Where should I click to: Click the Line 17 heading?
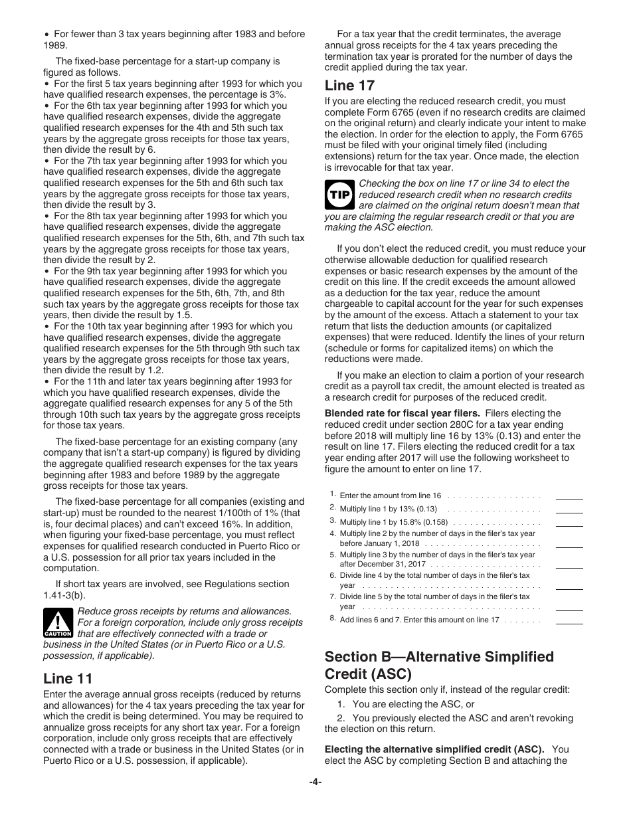point(349,86)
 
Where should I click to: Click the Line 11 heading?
point(68,679)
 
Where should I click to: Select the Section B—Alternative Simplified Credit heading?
point(439,665)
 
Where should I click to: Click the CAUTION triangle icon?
point(58,624)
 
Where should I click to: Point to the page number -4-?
point(315,782)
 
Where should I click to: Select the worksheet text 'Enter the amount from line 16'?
point(390,496)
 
